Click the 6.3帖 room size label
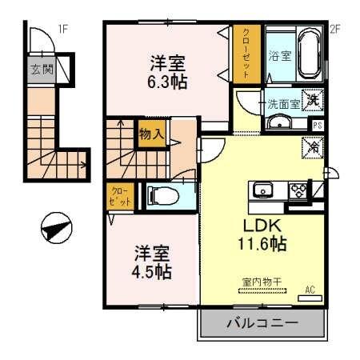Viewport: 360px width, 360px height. coord(168,80)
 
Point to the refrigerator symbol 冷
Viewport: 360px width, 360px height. coord(313,148)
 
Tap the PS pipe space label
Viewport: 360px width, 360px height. coord(318,125)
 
